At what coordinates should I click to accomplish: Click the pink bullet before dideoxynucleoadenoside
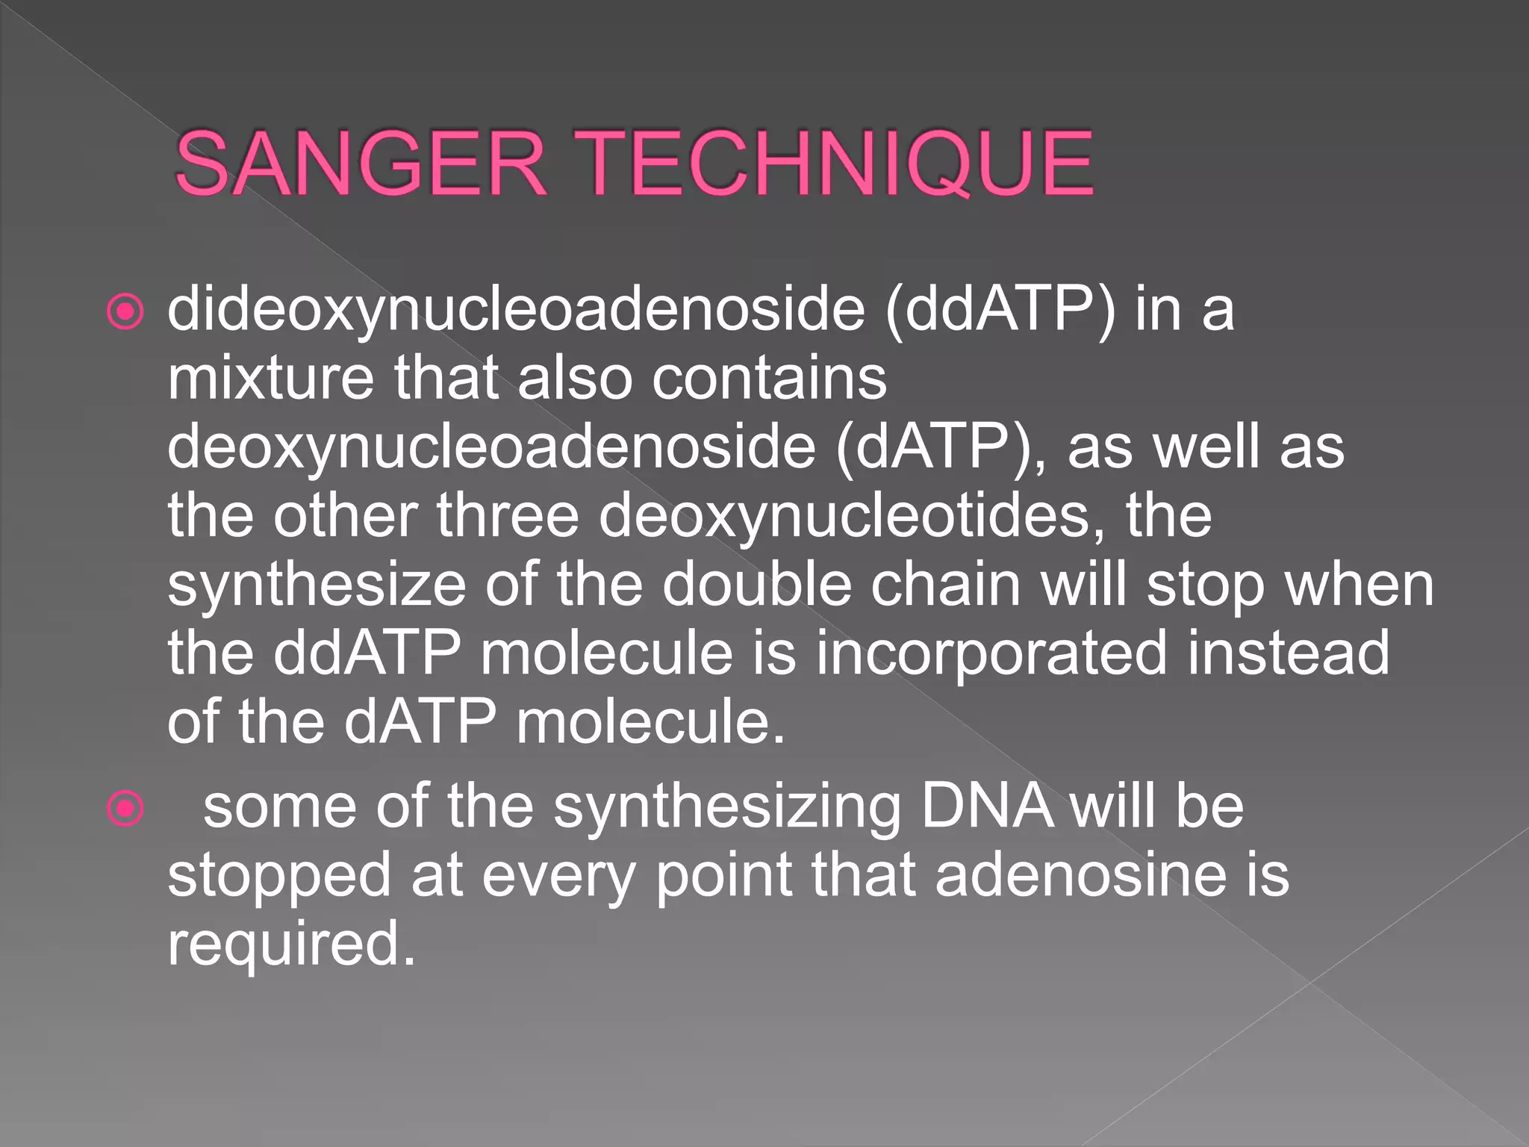click(x=125, y=311)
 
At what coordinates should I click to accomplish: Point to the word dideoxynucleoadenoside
click(x=516, y=310)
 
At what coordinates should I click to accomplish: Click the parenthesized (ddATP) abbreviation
click(x=1000, y=310)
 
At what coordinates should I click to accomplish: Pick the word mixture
click(x=270, y=378)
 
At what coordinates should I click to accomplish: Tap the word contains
click(x=770, y=378)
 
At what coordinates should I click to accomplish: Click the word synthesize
click(x=317, y=585)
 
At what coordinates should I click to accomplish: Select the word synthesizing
click(x=728, y=809)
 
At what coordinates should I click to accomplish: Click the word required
click(x=291, y=945)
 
